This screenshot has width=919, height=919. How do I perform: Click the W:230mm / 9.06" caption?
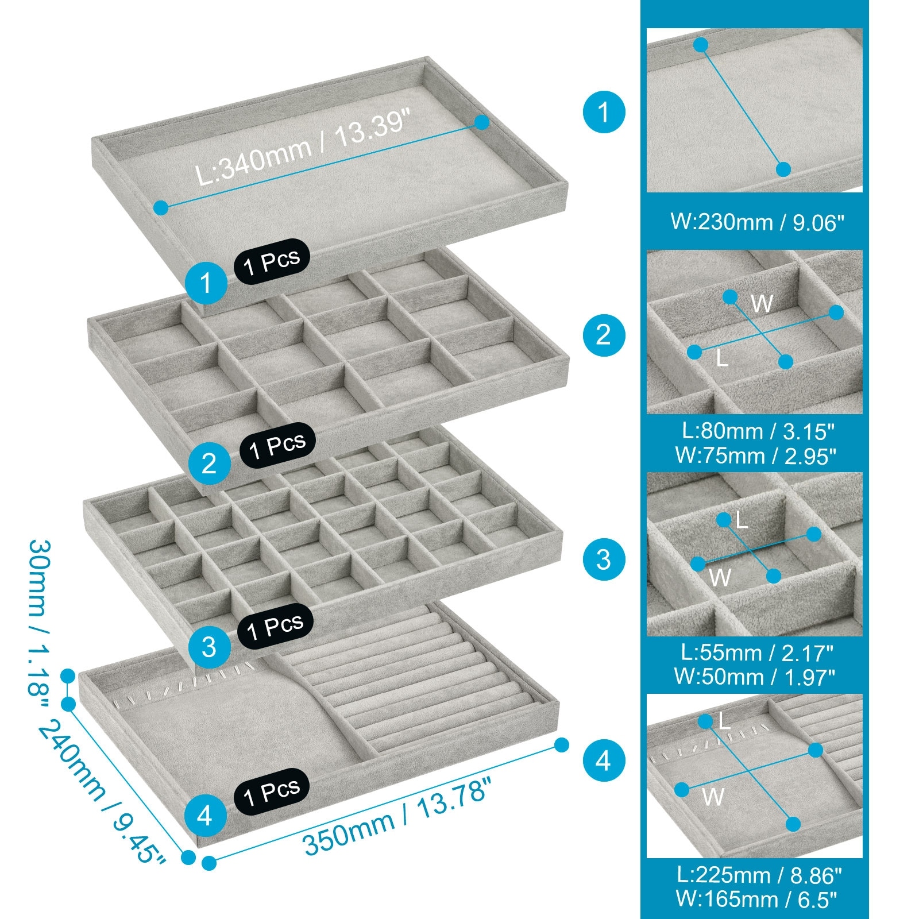757,222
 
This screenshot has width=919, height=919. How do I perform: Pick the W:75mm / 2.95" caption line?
756,455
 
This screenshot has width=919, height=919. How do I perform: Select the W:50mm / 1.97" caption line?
755,677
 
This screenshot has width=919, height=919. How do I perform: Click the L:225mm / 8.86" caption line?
759,875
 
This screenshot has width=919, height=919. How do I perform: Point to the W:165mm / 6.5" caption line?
756,899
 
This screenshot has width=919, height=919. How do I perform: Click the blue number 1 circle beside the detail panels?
604,111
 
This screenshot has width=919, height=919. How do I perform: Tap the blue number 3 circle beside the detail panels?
604,559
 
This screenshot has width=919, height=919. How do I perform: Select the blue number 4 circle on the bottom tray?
206,815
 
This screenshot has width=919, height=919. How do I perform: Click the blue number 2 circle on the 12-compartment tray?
209,463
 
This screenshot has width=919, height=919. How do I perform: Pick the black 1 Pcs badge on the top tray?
272,262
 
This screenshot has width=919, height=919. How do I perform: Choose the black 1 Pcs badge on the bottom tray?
272,791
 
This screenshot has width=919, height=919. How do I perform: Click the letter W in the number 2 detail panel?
762,303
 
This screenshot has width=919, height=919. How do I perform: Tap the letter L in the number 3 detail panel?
742,520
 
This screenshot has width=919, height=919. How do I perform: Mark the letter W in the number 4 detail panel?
713,797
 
